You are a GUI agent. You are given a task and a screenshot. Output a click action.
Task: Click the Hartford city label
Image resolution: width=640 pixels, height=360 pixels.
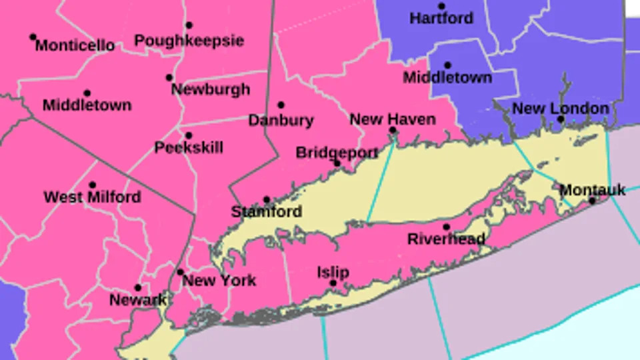(441, 19)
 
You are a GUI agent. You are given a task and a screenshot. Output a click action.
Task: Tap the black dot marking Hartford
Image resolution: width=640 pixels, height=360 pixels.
(441, 7)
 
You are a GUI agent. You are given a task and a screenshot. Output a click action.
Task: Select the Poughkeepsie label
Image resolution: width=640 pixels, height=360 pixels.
(189, 41)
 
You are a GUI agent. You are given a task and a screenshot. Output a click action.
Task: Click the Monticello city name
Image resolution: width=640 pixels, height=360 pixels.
(75, 46)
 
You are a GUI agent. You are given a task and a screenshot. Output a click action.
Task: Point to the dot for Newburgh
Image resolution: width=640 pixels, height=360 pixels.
(169, 77)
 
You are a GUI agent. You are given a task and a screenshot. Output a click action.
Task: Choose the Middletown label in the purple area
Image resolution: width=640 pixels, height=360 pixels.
(447, 77)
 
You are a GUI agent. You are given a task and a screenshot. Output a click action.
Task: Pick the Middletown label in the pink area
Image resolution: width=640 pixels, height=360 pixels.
(87, 105)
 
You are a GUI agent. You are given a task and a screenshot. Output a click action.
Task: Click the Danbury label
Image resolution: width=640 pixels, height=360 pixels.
(281, 121)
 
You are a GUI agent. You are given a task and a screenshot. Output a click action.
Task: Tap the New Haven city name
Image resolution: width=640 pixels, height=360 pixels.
(393, 119)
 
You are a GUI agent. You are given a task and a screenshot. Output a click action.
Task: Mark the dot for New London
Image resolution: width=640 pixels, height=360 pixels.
(561, 119)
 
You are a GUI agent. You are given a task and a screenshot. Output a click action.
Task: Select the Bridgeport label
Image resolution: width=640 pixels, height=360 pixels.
(337, 153)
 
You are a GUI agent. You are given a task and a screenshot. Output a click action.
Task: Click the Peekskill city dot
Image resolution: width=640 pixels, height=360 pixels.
(189, 135)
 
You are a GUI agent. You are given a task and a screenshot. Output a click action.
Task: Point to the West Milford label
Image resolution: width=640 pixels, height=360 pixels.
(92, 197)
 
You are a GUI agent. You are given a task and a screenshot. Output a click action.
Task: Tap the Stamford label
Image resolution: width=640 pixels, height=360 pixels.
(267, 213)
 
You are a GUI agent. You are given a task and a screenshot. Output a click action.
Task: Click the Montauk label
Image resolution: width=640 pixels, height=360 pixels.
(592, 190)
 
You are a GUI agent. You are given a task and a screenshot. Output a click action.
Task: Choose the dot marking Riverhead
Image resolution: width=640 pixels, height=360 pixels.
(446, 227)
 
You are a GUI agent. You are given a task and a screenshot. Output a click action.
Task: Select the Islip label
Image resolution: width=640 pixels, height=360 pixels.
(333, 272)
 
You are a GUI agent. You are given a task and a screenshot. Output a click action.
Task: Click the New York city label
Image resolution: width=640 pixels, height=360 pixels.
(219, 281)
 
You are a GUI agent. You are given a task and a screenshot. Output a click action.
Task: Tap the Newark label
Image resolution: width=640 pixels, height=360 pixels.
(138, 300)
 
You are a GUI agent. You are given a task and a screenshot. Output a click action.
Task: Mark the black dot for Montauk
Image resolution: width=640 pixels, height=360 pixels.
(591, 200)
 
